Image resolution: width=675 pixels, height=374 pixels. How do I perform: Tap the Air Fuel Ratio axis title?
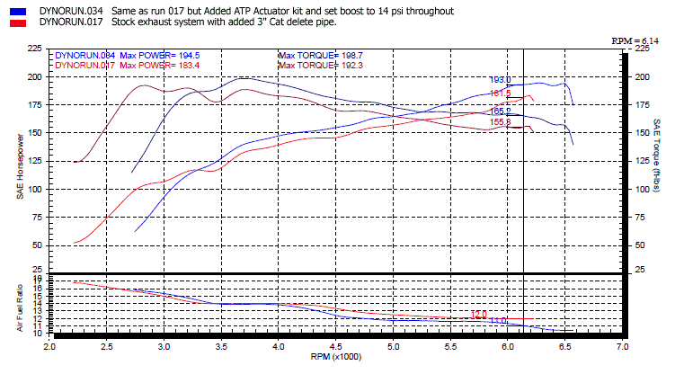point(20,306)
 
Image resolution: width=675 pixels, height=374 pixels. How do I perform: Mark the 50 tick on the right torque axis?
point(640,245)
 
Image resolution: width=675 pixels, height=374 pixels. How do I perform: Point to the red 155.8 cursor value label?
point(500,121)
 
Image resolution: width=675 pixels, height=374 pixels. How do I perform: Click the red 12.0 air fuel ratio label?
point(479,315)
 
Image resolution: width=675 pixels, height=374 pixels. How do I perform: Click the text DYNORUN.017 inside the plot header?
point(84,65)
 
